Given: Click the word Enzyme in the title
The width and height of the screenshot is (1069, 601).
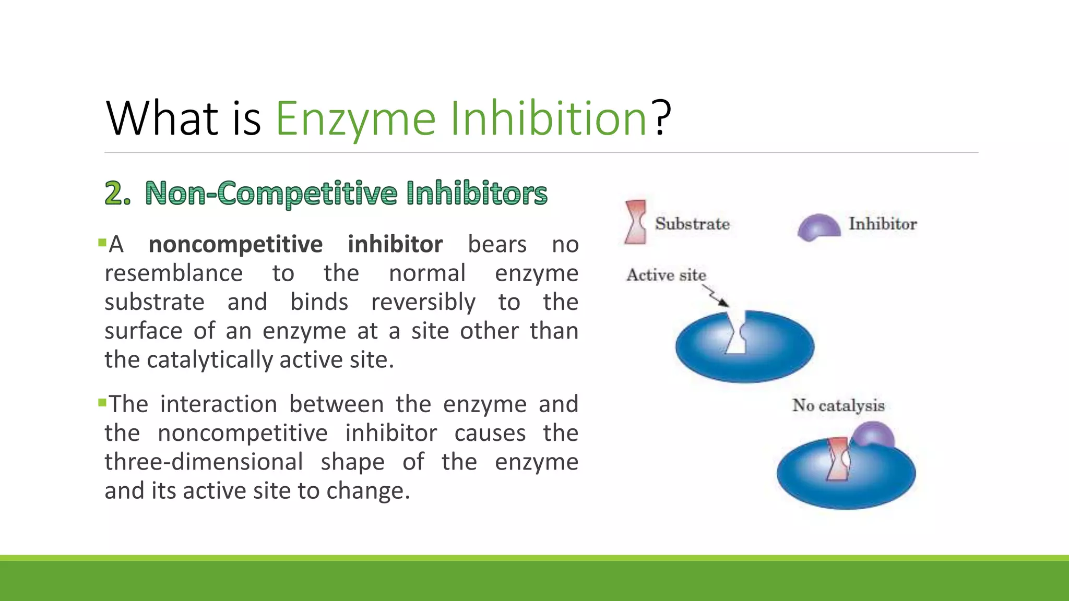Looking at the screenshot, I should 355,119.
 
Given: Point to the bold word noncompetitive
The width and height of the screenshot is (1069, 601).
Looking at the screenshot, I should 235,244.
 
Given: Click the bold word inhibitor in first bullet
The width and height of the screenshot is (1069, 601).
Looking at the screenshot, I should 395,244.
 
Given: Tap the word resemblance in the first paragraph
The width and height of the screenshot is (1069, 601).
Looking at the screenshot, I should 173,273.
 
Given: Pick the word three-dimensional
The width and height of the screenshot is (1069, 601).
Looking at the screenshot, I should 204,462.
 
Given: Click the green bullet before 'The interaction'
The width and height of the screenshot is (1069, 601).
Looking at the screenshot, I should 102,402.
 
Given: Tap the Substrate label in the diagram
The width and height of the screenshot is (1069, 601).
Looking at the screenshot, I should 692,224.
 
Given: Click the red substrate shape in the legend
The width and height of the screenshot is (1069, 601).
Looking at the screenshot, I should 635,222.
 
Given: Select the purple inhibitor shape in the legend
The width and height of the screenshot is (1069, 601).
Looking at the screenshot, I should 818,227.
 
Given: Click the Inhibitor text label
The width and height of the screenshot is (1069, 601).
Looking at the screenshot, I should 882,224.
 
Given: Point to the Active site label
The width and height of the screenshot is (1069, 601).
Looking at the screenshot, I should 666,275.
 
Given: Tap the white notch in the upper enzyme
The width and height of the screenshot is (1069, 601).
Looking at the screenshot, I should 736,336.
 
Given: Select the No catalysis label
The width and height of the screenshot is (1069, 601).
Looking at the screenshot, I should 838,405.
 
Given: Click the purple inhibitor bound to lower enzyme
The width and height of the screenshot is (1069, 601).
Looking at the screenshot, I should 873,434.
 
